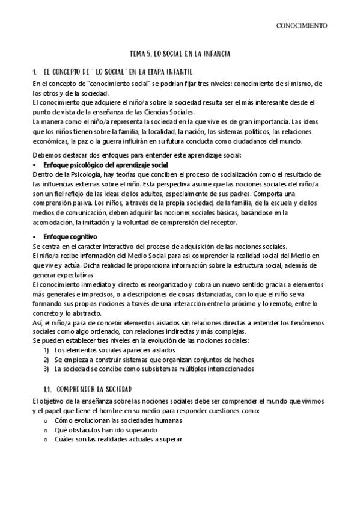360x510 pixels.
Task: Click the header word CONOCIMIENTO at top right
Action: coord(301,26)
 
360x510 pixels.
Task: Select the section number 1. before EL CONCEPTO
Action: coord(35,72)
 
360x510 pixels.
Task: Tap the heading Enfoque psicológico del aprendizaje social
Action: coord(107,165)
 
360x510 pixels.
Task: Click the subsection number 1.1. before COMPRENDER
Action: coord(50,389)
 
